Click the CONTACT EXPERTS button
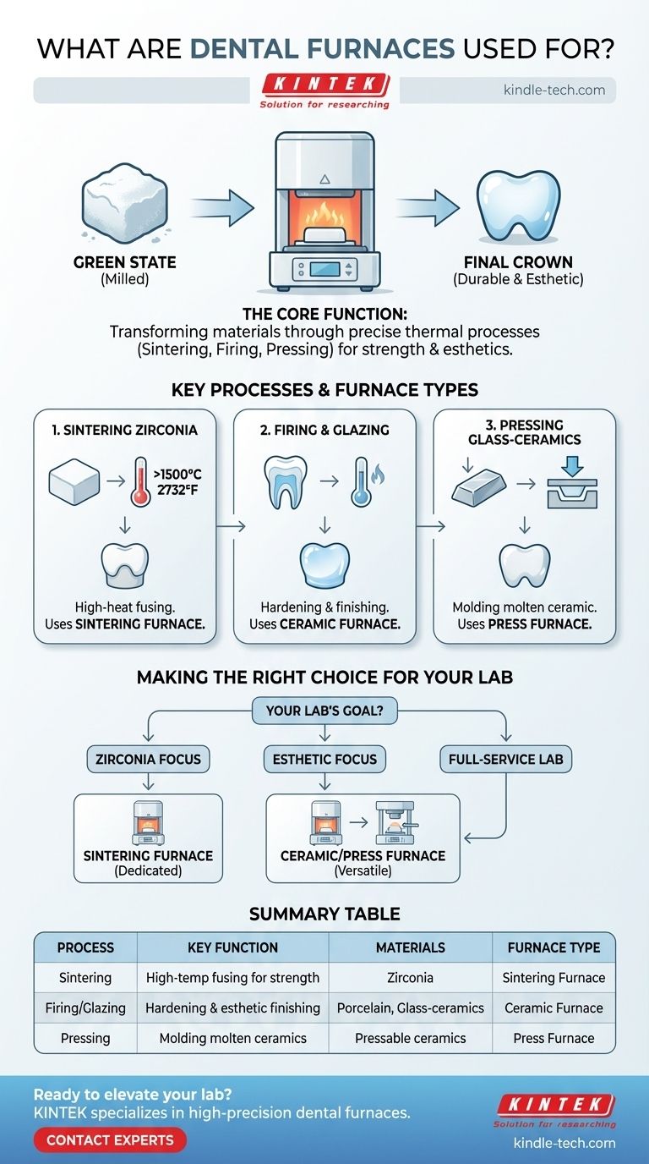[x=110, y=1140]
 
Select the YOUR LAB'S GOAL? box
[x=324, y=711]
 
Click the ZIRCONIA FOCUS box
[x=148, y=759]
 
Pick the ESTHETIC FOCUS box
[x=324, y=759]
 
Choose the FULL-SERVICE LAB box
[x=505, y=759]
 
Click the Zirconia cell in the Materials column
[x=410, y=977]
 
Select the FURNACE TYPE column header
[x=554, y=947]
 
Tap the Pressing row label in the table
[x=85, y=1038]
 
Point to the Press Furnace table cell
[x=554, y=1038]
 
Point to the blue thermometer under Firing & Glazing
[x=362, y=481]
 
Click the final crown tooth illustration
[x=518, y=206]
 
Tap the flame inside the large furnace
[x=324, y=216]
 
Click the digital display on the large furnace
[x=325, y=269]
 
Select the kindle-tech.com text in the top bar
[x=554, y=90]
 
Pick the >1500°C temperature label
[x=177, y=475]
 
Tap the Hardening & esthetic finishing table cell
[x=232, y=1008]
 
